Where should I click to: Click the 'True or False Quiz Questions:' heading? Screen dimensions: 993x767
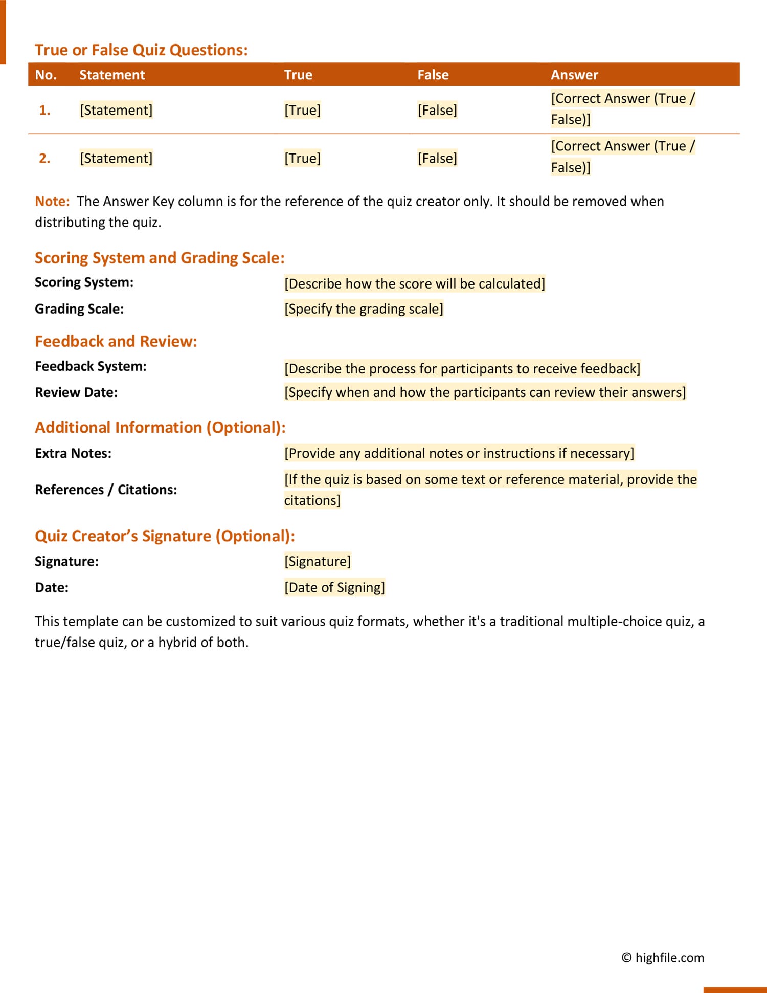141,50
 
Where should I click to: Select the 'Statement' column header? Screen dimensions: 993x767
112,75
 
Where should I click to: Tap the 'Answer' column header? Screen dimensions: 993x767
574,75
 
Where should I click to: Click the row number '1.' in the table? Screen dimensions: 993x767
44,110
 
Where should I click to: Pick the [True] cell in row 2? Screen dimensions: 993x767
302,158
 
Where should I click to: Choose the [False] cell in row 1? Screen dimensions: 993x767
437,110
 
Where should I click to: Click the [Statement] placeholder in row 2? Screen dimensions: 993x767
116,158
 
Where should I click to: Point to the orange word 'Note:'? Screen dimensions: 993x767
52,202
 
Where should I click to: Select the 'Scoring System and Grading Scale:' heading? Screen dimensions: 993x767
160,258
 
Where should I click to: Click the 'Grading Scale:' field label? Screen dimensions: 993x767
79,309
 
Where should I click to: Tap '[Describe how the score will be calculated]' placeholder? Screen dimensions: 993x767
414,283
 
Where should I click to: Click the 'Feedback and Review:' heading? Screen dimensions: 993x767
116,341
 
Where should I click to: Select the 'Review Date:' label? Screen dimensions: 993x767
76,392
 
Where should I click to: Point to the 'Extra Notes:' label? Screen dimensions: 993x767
73,453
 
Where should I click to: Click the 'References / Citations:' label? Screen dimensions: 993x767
106,490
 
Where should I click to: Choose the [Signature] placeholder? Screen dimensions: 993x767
318,561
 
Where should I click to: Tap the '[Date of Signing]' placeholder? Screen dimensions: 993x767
334,587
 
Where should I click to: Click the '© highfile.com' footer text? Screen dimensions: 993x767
663,957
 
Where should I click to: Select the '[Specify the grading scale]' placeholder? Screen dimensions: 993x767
364,309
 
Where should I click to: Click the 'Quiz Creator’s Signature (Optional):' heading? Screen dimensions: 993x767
165,536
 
